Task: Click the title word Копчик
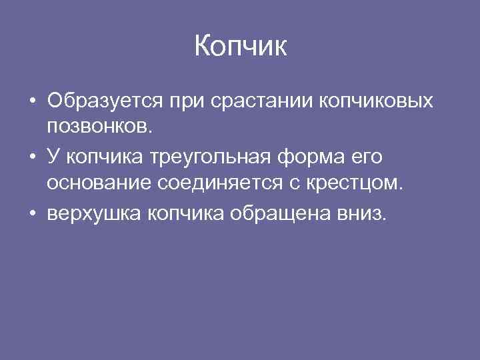tap(240, 47)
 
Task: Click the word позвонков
tap(99, 126)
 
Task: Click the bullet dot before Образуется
tap(32, 103)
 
